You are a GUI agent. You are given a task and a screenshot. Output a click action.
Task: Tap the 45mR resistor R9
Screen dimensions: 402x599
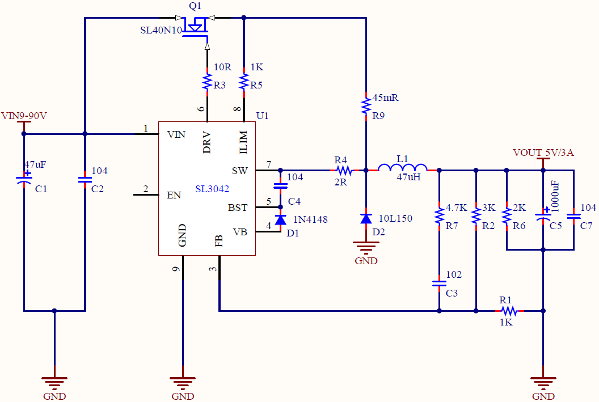[x=366, y=104]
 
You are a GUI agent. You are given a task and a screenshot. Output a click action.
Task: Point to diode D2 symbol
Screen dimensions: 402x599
[x=366, y=218]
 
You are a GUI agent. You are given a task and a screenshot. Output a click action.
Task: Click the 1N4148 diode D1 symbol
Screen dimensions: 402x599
[x=280, y=220]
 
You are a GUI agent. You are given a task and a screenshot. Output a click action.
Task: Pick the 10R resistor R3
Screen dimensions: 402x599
[x=206, y=82]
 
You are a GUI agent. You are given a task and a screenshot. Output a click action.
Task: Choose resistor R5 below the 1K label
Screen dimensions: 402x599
[x=244, y=82]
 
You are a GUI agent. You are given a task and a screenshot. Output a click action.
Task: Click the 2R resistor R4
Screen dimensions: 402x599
[x=343, y=170]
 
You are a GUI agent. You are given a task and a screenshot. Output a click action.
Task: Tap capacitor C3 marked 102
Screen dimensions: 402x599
[x=439, y=282]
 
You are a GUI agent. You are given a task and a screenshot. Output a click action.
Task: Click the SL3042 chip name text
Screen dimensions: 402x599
[x=212, y=189]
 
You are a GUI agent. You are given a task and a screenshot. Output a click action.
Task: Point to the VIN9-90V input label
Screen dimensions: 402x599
[x=24, y=116]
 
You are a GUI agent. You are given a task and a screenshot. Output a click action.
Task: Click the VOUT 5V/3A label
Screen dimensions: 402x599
[x=543, y=153]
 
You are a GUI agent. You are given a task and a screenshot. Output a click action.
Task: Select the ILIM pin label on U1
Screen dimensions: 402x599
[x=243, y=142]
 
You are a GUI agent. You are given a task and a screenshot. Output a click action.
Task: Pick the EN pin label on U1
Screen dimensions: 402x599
[x=174, y=195]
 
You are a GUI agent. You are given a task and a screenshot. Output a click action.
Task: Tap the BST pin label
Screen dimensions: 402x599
[x=238, y=208]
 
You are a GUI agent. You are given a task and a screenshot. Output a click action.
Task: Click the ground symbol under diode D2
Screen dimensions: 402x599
[x=366, y=247]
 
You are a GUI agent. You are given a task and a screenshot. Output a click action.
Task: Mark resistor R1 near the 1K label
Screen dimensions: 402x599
[x=509, y=311]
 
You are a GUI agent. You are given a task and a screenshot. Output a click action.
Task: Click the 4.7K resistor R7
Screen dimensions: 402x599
[x=439, y=215]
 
